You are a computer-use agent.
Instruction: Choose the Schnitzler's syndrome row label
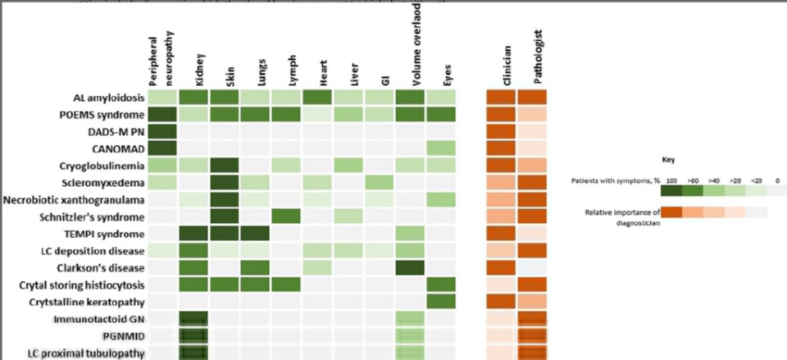pyautogui.click(x=97, y=216)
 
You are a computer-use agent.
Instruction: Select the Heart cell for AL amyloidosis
pyautogui.click(x=317, y=96)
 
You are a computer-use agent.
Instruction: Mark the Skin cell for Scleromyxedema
pyautogui.click(x=225, y=182)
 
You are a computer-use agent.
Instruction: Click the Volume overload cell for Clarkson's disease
pyautogui.click(x=410, y=267)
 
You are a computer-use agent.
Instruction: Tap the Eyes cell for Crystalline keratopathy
pyautogui.click(x=441, y=302)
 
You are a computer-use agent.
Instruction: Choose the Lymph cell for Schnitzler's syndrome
pyautogui.click(x=287, y=216)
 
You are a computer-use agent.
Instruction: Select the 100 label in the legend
pyautogui.click(x=671, y=177)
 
